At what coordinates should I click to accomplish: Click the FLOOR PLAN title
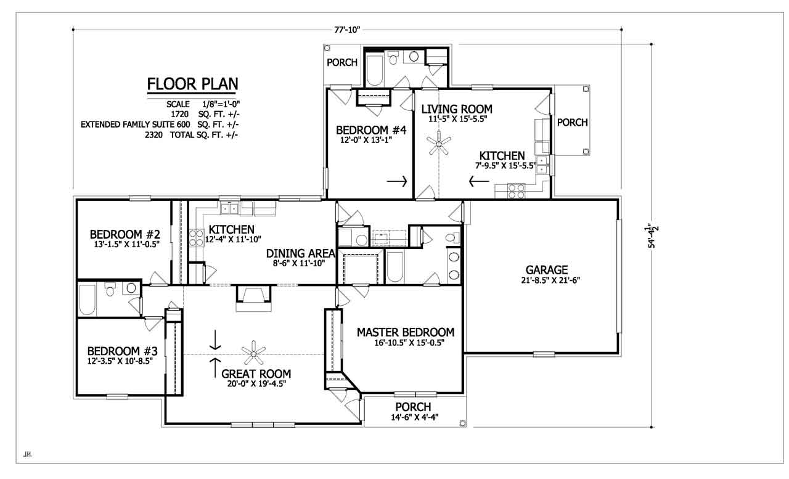click(x=192, y=84)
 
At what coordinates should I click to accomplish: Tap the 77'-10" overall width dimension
click(x=347, y=30)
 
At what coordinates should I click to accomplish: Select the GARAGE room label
click(x=547, y=270)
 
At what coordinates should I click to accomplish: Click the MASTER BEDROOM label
click(x=406, y=332)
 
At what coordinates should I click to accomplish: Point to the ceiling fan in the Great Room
click(x=253, y=353)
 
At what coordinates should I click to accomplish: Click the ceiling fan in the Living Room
click(x=438, y=142)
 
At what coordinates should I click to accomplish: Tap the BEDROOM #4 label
click(x=371, y=130)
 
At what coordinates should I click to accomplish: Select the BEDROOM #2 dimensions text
click(x=127, y=244)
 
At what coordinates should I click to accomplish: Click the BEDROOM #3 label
click(x=122, y=351)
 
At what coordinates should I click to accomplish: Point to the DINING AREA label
click(x=300, y=253)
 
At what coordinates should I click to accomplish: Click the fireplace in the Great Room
click(x=253, y=298)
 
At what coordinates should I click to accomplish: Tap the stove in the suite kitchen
click(x=516, y=191)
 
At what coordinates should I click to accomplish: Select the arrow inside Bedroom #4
click(x=397, y=181)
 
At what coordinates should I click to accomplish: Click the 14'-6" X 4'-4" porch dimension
click(x=415, y=417)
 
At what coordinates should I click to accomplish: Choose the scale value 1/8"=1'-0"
click(x=221, y=104)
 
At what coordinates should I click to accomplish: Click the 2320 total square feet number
click(x=153, y=135)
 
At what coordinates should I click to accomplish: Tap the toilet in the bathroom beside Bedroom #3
click(x=110, y=289)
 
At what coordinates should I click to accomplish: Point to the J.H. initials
click(x=27, y=454)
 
